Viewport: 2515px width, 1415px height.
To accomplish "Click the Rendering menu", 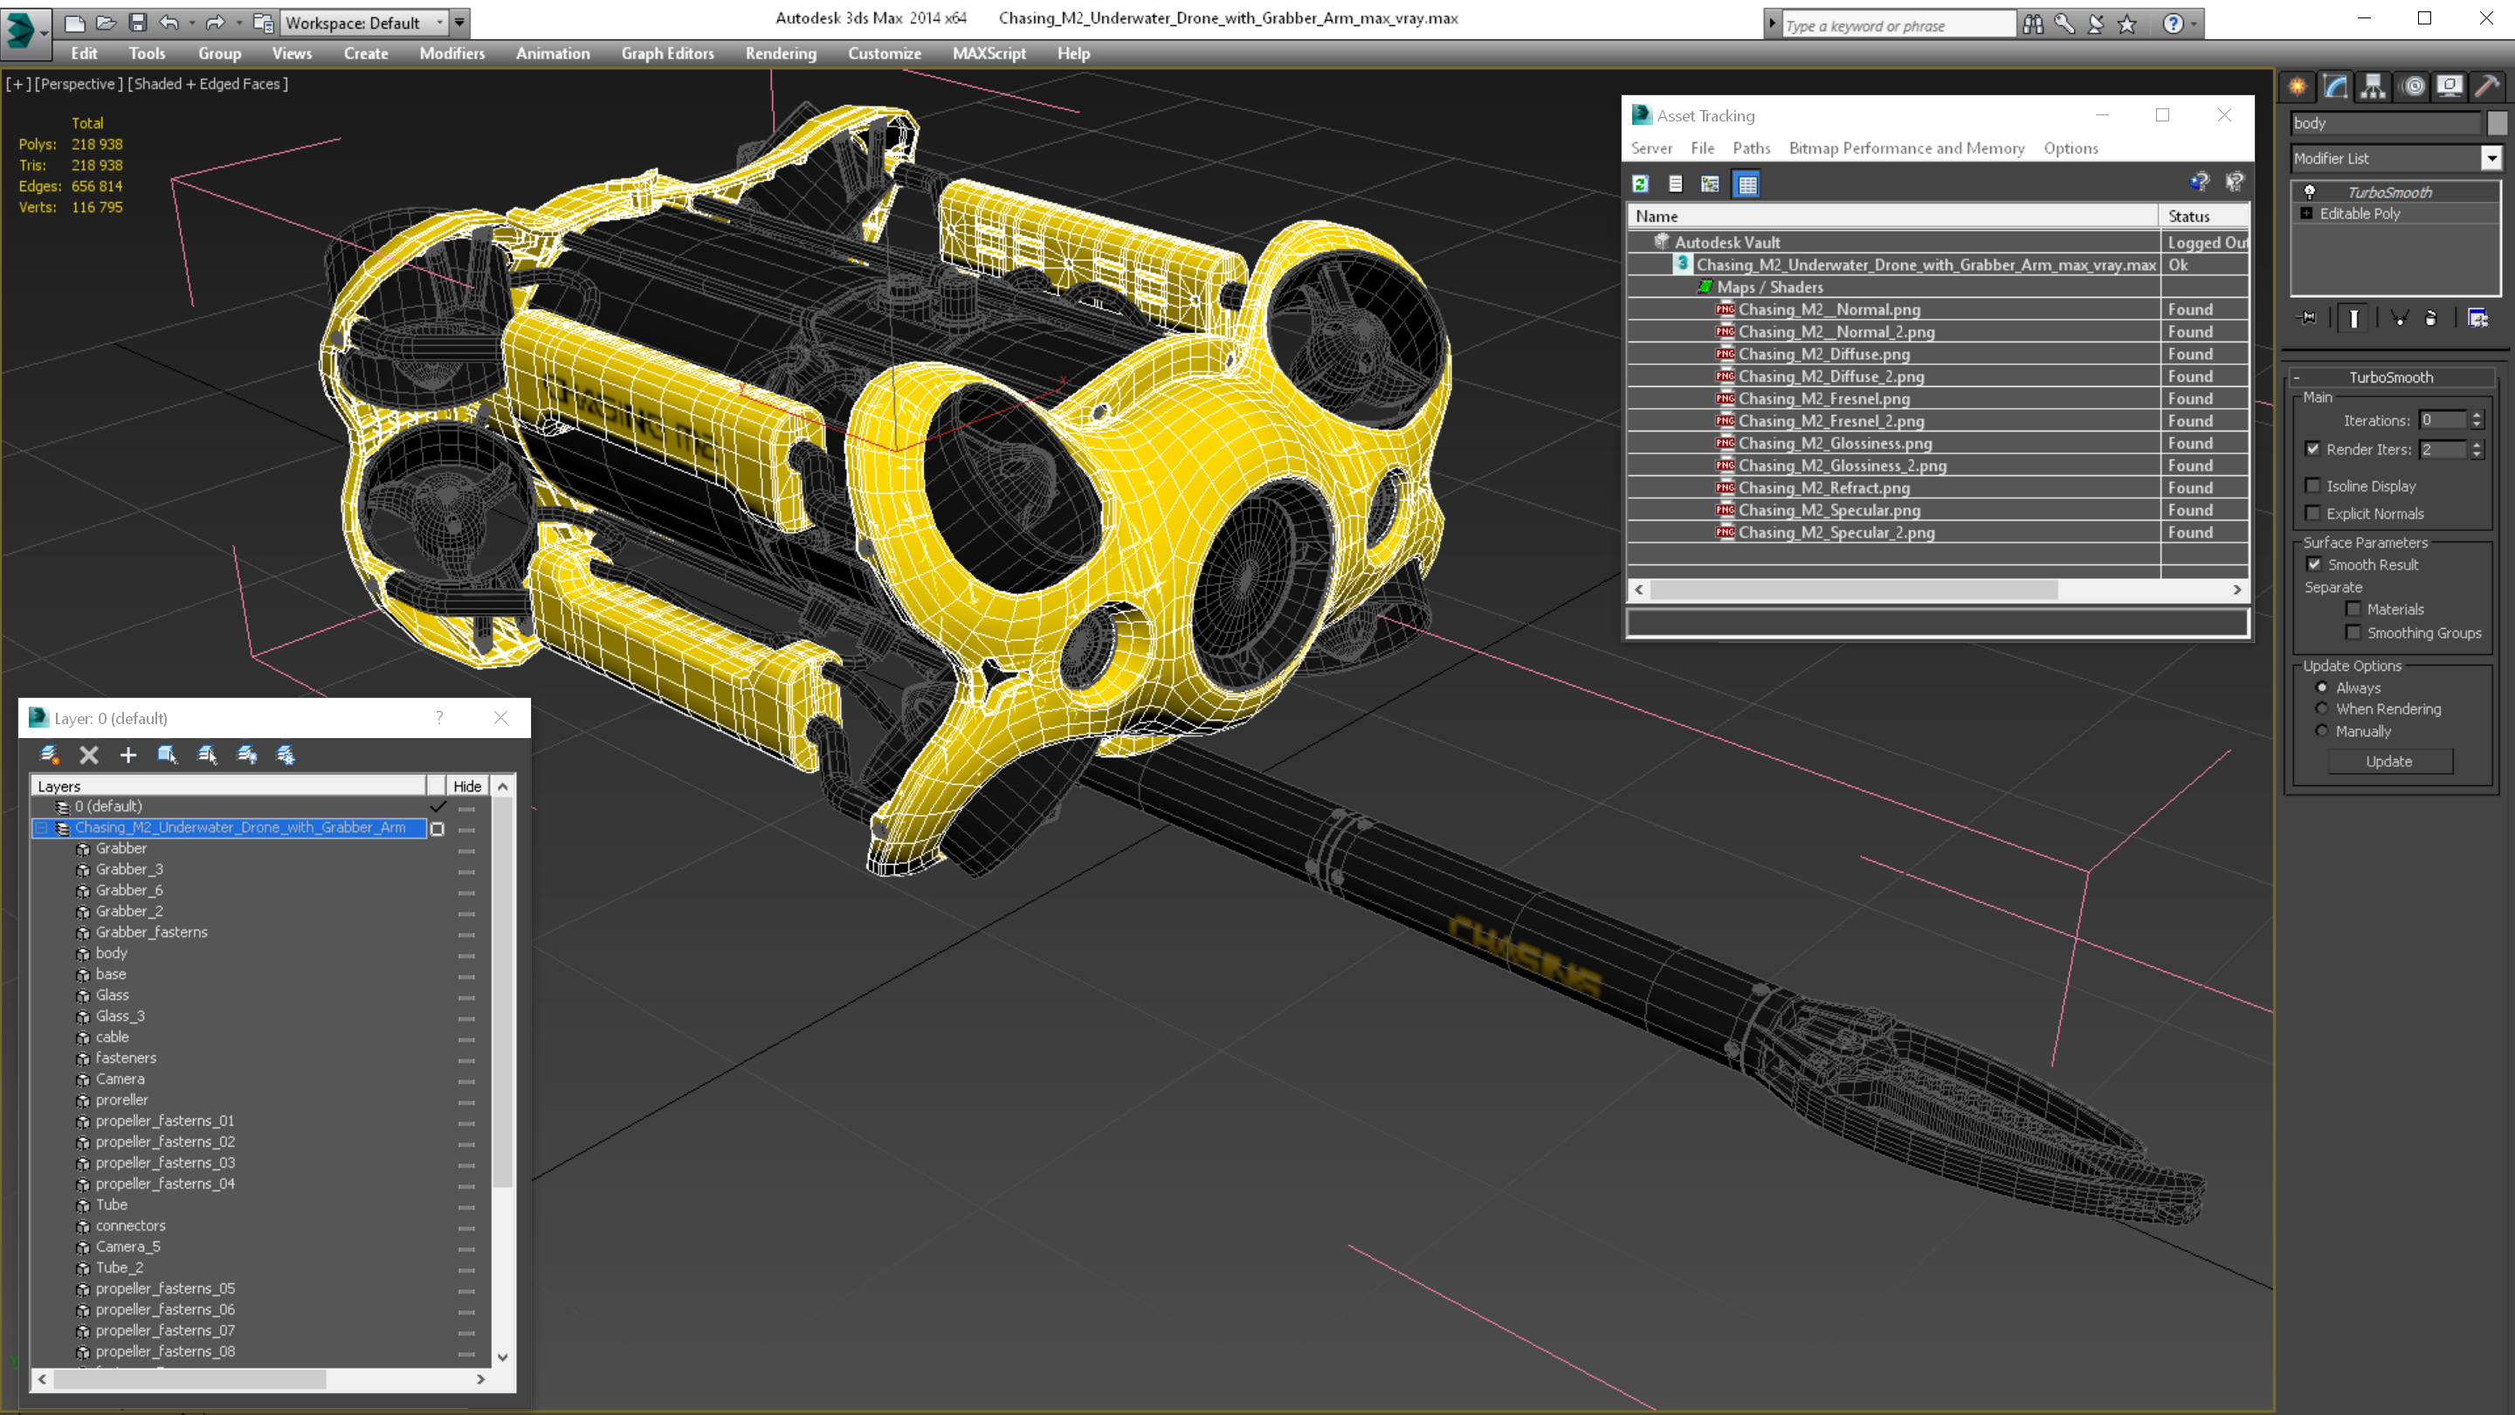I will click(780, 53).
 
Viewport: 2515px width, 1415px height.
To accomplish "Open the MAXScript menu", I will click(988, 53).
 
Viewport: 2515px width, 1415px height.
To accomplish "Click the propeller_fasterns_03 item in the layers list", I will click(164, 1162).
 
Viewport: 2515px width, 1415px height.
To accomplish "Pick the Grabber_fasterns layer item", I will click(151, 932).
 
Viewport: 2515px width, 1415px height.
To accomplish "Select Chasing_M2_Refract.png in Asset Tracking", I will click(1823, 488).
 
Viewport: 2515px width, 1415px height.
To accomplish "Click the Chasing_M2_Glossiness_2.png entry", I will click(1842, 466).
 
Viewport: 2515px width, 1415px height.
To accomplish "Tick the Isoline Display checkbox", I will click(2312, 486).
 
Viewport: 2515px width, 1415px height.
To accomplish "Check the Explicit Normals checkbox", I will click(2312, 514).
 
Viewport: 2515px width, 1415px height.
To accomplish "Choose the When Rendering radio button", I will click(2322, 709).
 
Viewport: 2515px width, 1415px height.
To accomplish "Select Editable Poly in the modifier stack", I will click(2359, 214).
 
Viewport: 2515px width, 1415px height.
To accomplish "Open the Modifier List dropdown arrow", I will click(2491, 158).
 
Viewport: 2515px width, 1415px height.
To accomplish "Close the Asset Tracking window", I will click(2224, 115).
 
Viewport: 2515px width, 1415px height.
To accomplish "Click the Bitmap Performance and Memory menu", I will click(1905, 148).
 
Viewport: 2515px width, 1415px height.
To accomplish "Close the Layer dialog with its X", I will click(500, 718).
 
